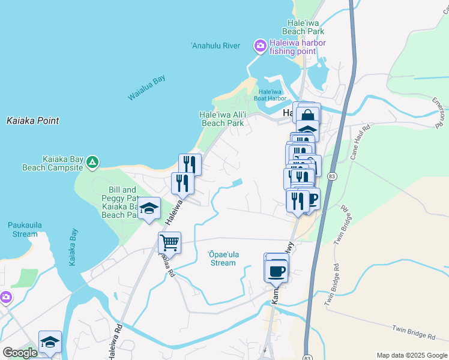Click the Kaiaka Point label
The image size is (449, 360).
coord(33,121)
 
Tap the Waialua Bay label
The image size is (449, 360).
coord(146,88)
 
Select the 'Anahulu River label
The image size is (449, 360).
coord(215,46)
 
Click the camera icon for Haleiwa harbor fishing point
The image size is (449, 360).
coord(260,46)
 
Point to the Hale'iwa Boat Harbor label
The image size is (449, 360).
coord(270,94)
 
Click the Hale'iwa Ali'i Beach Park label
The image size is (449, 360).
coord(222,119)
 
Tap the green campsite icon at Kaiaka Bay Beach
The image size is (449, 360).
coord(92,162)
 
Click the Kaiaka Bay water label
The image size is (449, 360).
coord(73,246)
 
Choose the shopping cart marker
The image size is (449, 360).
coord(170,243)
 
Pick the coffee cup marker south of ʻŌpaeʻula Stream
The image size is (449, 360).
coord(276,271)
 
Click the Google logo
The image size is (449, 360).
coord(20,353)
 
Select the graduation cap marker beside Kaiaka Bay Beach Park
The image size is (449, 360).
coord(149,208)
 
